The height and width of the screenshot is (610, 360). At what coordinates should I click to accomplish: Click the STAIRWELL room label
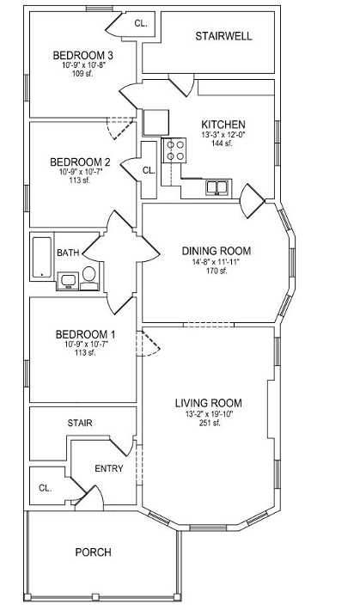pyautogui.click(x=223, y=36)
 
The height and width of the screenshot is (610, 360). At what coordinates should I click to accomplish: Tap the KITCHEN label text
pyautogui.click(x=223, y=125)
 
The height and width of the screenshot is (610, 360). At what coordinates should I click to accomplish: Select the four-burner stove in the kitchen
pyautogui.click(x=174, y=150)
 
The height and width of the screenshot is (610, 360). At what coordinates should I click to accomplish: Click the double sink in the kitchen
pyautogui.click(x=217, y=187)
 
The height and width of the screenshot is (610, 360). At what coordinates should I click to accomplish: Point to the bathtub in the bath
pyautogui.click(x=42, y=257)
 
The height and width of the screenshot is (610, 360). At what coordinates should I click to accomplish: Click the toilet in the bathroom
pyautogui.click(x=89, y=278)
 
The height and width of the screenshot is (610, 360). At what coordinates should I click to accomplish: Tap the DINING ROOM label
pyautogui.click(x=217, y=251)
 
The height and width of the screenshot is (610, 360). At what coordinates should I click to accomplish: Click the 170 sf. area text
pyautogui.click(x=217, y=271)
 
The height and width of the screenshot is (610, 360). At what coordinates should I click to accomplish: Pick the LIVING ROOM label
pyautogui.click(x=209, y=403)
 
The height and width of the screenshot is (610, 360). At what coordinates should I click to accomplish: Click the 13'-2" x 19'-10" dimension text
pyautogui.click(x=209, y=415)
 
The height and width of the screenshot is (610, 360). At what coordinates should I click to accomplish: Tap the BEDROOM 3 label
pyautogui.click(x=82, y=55)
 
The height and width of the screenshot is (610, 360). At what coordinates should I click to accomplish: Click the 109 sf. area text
pyautogui.click(x=82, y=73)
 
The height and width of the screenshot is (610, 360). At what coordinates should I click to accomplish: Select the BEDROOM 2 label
pyautogui.click(x=80, y=162)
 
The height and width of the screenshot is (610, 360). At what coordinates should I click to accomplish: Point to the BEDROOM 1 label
pyautogui.click(x=86, y=334)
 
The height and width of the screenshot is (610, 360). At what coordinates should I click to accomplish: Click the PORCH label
pyautogui.click(x=93, y=552)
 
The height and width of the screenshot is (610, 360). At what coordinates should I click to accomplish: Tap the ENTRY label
pyautogui.click(x=109, y=468)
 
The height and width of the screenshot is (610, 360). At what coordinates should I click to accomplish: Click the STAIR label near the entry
pyautogui.click(x=80, y=423)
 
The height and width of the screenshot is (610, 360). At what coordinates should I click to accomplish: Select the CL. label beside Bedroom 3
pyautogui.click(x=141, y=23)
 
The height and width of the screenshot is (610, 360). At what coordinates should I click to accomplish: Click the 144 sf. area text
pyautogui.click(x=222, y=143)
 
